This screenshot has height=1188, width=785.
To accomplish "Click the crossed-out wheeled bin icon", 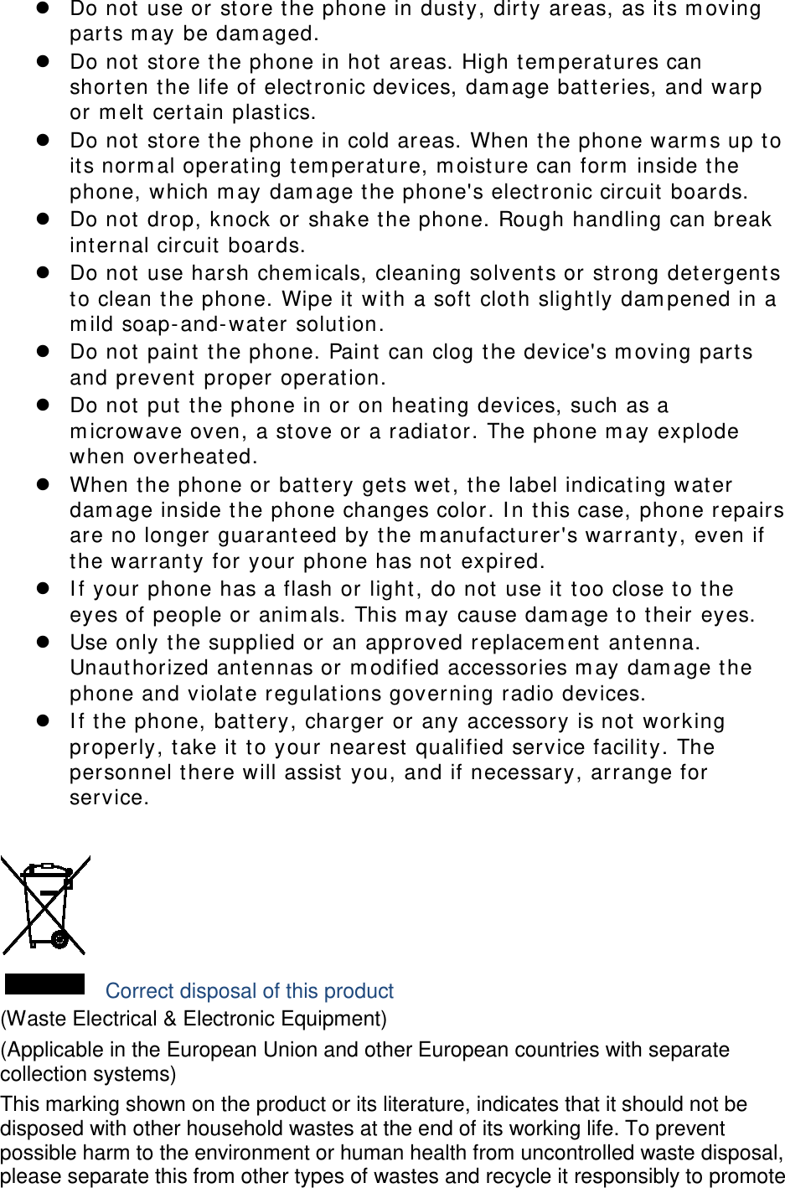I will coord(46,905).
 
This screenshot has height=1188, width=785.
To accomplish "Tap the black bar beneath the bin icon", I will coord(45,984).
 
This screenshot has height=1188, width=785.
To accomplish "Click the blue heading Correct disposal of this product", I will coord(250,991).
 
